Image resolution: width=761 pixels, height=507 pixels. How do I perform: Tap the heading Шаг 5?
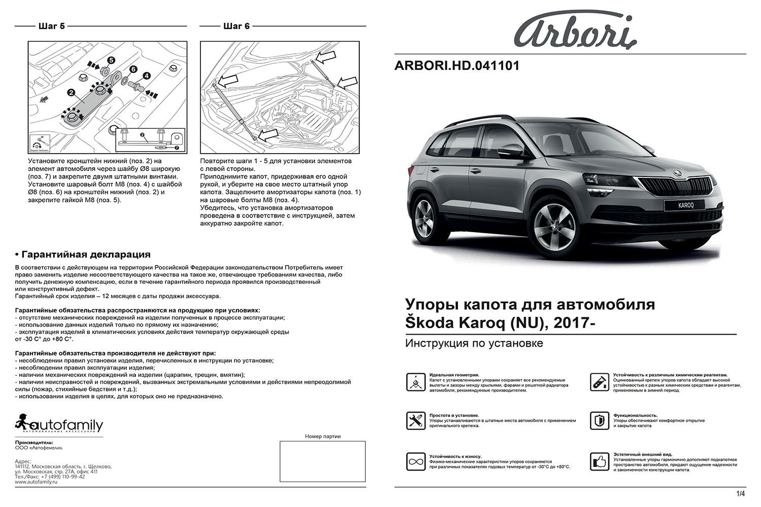point(51,26)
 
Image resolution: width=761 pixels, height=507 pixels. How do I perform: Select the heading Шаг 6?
point(236,26)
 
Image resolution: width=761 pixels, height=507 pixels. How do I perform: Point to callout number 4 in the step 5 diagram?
point(147,76)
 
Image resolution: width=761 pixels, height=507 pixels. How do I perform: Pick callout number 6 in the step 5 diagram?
point(133,69)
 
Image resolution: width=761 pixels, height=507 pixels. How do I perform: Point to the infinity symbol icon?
point(415,461)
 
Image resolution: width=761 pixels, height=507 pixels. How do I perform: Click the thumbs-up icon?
point(599,461)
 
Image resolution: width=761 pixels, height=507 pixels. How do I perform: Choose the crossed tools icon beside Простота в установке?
point(415,421)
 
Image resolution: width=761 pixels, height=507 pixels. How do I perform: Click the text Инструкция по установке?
point(474,344)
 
